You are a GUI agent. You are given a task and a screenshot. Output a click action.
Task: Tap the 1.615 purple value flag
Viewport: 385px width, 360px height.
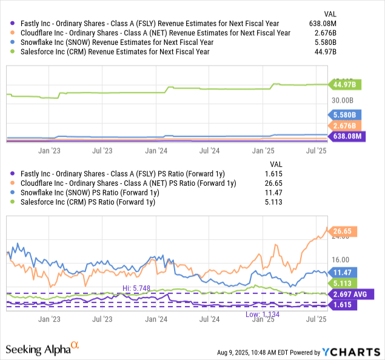344,305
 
